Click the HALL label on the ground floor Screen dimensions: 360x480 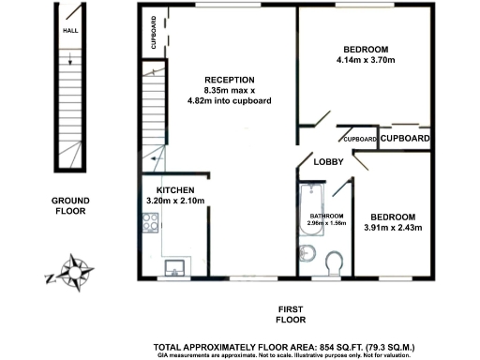(x=70, y=30)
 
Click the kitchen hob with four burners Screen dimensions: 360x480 (x=150, y=223)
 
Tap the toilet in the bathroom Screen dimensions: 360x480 (x=335, y=262)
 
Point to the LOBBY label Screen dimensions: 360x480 (x=328, y=162)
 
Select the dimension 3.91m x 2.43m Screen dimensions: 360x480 (x=393, y=226)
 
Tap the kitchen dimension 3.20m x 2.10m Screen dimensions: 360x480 (x=174, y=201)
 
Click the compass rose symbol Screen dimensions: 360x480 (x=72, y=271)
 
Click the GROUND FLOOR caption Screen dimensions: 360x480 (x=70, y=206)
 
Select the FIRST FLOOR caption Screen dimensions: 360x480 (x=292, y=315)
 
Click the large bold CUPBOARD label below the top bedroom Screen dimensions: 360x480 (x=405, y=139)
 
